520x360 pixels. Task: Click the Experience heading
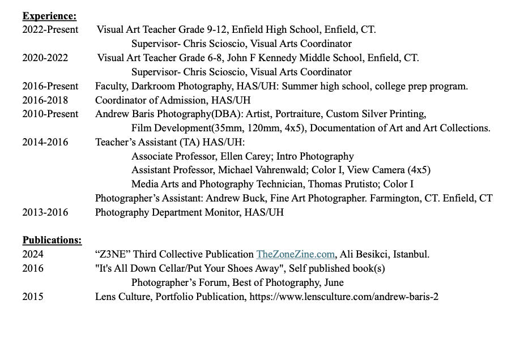click(x=49, y=16)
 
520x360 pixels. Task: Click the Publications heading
click(x=52, y=240)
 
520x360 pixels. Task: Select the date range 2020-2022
click(x=45, y=58)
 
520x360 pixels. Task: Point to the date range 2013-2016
click(x=45, y=212)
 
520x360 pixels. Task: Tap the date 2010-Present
click(x=50, y=114)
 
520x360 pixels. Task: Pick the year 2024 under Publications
click(x=33, y=254)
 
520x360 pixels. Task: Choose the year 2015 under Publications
click(x=33, y=297)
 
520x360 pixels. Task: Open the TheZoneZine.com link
click(x=295, y=254)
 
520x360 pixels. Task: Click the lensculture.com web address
click(x=343, y=297)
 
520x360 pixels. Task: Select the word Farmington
click(x=390, y=198)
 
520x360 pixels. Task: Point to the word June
click(x=334, y=282)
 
